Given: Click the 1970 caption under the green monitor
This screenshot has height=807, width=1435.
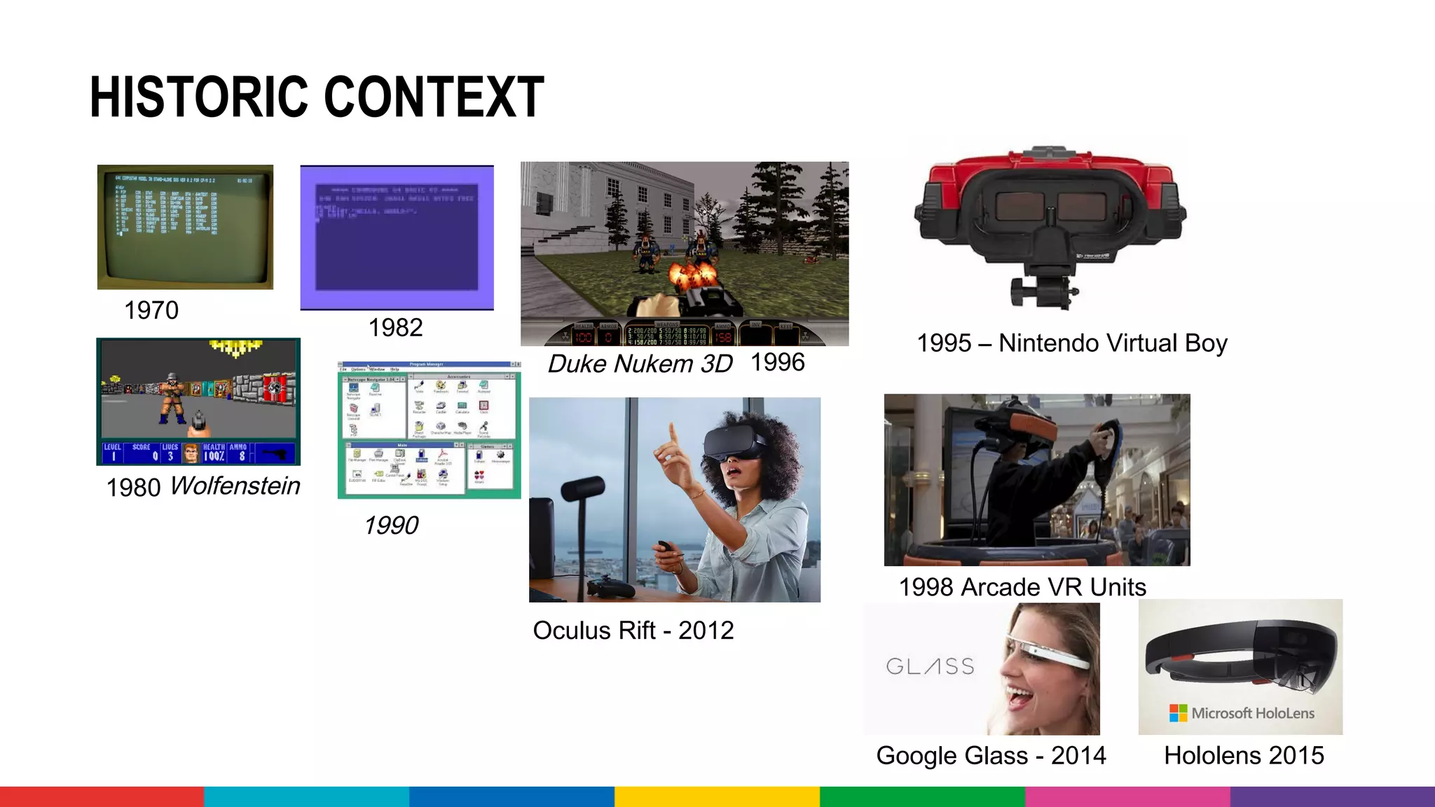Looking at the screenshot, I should pyautogui.click(x=151, y=310).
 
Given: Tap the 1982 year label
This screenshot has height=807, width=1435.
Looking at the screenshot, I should pyautogui.click(x=395, y=328).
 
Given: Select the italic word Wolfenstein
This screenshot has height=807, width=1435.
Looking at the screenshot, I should pyautogui.click(x=235, y=485).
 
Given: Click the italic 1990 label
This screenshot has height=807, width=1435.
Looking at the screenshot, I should pyautogui.click(x=391, y=525).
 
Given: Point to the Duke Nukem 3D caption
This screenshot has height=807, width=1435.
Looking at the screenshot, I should pyautogui.click(x=640, y=364).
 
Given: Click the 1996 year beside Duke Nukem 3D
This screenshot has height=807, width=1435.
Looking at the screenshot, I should pyautogui.click(x=777, y=362).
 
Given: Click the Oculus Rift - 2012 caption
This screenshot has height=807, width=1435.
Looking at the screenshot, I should pyautogui.click(x=633, y=630).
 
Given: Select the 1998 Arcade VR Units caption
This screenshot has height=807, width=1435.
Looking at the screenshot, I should pyautogui.click(x=1022, y=587).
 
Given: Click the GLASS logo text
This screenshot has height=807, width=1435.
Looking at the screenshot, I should pyautogui.click(x=931, y=666).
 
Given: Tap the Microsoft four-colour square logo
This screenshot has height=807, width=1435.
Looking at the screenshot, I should pyautogui.click(x=1178, y=713).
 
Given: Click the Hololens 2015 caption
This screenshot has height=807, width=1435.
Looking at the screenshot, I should pyautogui.click(x=1244, y=756).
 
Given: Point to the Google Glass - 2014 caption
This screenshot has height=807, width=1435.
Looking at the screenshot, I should pyautogui.click(x=991, y=756).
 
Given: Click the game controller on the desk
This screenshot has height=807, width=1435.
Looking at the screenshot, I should pyautogui.click(x=611, y=586).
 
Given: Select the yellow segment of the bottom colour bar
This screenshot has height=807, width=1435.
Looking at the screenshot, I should pyautogui.click(x=717, y=796).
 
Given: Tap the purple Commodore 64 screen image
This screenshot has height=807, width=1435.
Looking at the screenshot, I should pyautogui.click(x=397, y=237).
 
